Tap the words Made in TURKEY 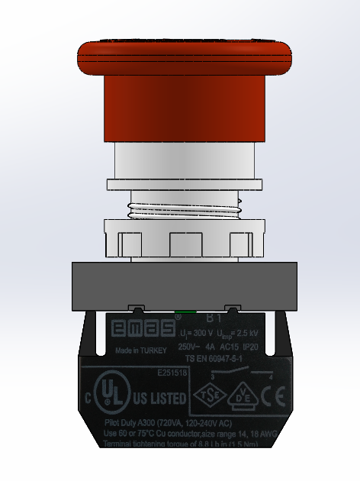pyautogui.click(x=143, y=351)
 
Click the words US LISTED pyautogui.click(x=159, y=399)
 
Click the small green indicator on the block pyautogui.click(x=184, y=312)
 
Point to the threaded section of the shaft pyautogui.click(x=184, y=206)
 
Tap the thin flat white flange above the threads pyautogui.click(x=184, y=184)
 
